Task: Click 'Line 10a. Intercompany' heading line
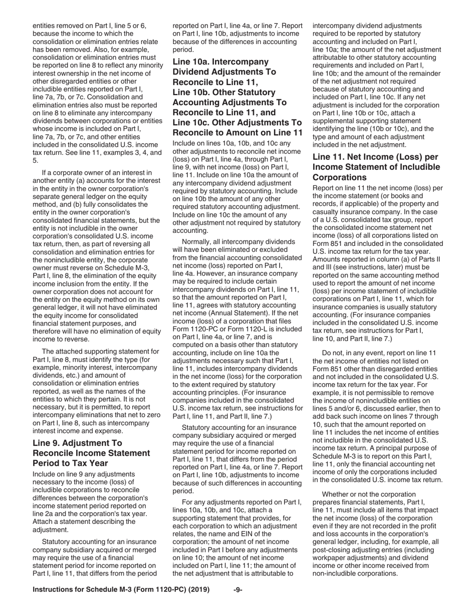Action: (x=220, y=62)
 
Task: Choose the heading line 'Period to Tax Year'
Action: (x=74, y=463)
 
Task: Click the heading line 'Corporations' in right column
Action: (x=339, y=177)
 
